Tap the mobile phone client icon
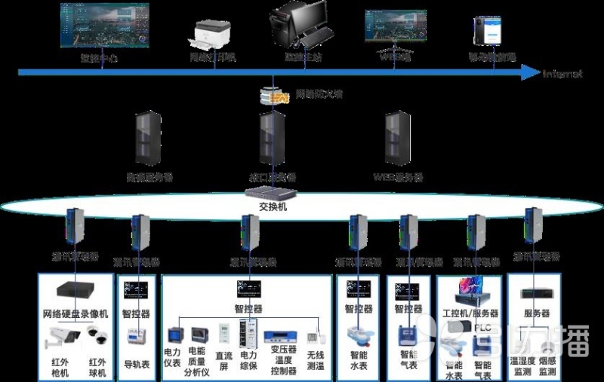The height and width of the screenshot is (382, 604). point(482,31)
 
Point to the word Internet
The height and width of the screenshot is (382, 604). point(562,74)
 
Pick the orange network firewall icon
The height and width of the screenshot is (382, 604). point(275,95)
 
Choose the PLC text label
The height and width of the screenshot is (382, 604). point(482,328)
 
